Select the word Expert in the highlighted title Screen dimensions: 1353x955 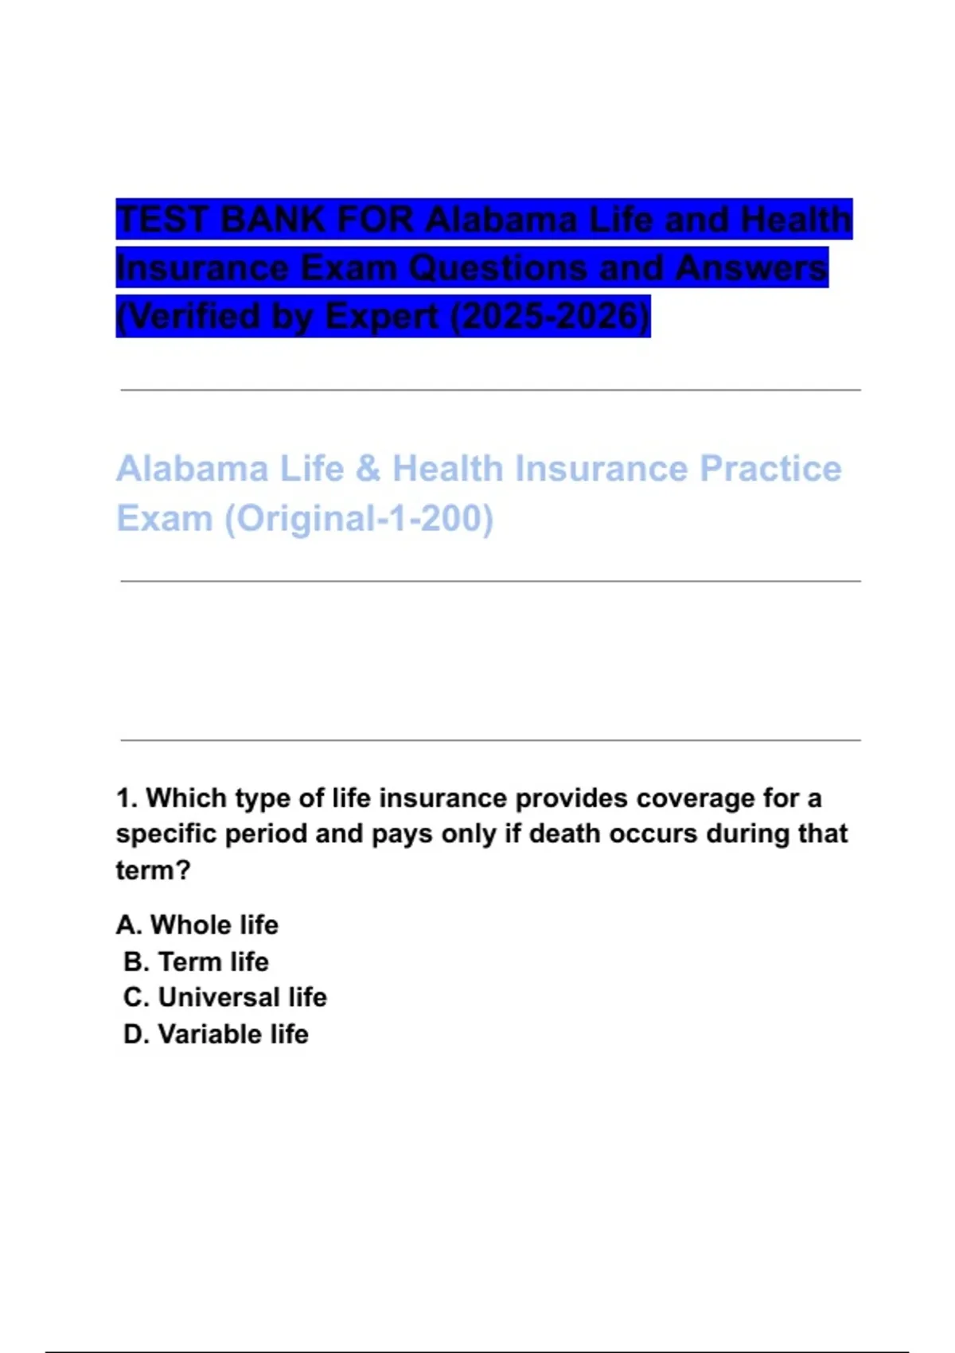[x=382, y=316]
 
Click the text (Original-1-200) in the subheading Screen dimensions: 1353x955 [x=359, y=518]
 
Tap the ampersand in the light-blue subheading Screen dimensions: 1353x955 [x=368, y=469]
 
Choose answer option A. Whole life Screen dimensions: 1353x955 [x=197, y=925]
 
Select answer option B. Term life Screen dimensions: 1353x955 [x=196, y=961]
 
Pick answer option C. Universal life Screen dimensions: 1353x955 [x=225, y=997]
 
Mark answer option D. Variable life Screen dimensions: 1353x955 [x=216, y=1034]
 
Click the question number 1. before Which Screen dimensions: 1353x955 [x=127, y=797]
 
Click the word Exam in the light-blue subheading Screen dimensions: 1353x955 [x=164, y=518]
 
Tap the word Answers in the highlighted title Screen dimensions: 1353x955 [x=751, y=268]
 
